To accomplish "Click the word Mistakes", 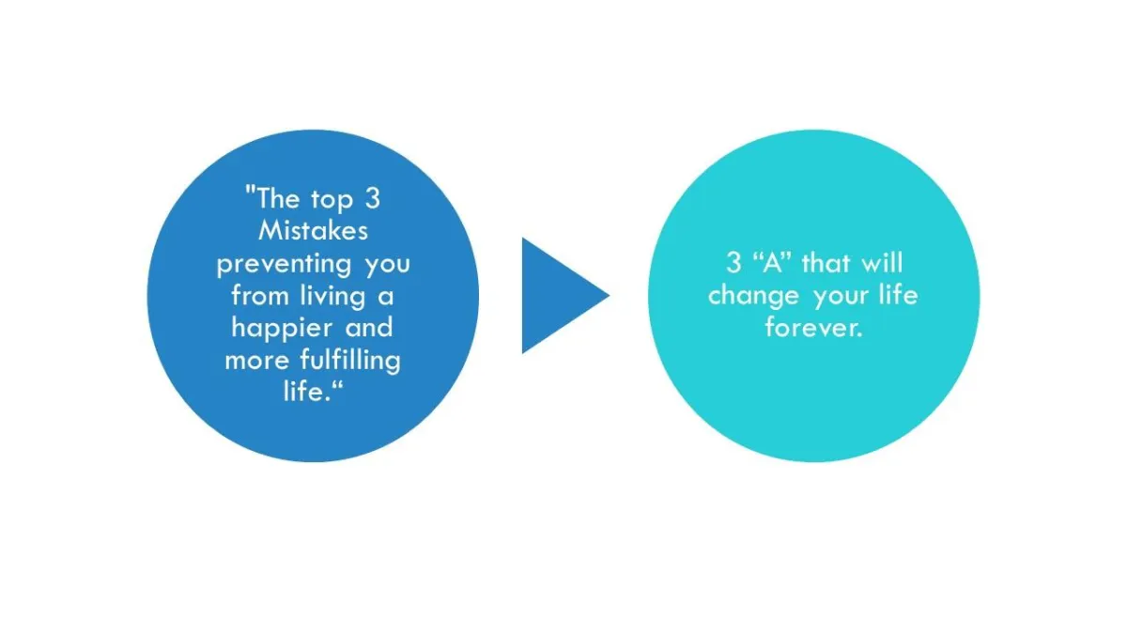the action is [313, 231].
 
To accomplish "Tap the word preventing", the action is [284, 264].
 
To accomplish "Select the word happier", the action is [281, 329].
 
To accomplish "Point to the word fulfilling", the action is [350, 361].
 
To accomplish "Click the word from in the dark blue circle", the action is [259, 295].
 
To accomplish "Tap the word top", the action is [332, 200].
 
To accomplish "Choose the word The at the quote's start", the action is [278, 198].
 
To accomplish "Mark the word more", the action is [256, 362].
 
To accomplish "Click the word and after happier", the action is [369, 328].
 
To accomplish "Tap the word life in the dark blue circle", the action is [306, 391].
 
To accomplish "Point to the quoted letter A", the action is [772, 263].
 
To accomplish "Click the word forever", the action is [814, 328].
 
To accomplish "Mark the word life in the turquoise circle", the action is [898, 295].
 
